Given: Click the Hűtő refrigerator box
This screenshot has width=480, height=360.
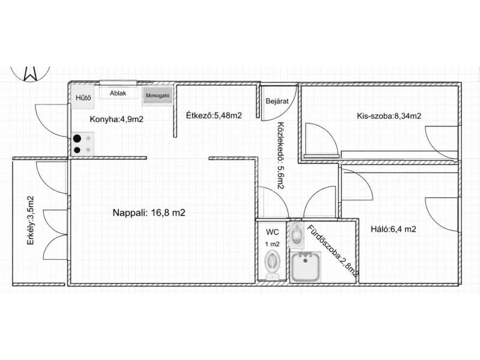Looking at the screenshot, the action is pyautogui.click(x=83, y=98).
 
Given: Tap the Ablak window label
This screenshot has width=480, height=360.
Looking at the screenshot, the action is pyautogui.click(x=118, y=94).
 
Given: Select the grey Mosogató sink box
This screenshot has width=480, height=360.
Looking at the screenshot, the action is pyautogui.click(x=157, y=95).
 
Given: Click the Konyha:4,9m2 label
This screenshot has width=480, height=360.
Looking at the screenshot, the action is pyautogui.click(x=116, y=119).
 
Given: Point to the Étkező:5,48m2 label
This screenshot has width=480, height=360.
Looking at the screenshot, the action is pyautogui.click(x=214, y=115).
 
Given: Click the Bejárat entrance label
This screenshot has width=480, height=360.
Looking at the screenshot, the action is pyautogui.click(x=277, y=101).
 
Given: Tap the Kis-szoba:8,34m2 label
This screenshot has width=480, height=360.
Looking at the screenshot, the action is pyautogui.click(x=389, y=116).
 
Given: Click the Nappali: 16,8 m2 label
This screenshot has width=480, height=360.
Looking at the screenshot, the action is pyautogui.click(x=149, y=212).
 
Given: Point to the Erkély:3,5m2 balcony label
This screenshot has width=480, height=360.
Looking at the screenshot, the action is pyautogui.click(x=31, y=220).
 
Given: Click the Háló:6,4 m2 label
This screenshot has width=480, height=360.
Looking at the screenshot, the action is pyautogui.click(x=394, y=229).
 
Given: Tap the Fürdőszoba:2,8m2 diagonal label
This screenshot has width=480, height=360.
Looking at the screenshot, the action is pyautogui.click(x=332, y=250).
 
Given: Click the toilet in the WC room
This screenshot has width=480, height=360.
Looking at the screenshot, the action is pyautogui.click(x=272, y=264).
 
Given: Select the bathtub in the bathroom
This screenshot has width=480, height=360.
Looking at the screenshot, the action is pyautogui.click(x=305, y=266).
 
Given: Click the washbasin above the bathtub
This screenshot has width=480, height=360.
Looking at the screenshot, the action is pyautogui.click(x=296, y=235).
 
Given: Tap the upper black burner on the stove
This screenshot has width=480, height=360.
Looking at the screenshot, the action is pyautogui.click(x=77, y=139).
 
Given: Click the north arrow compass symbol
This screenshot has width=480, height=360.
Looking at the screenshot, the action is pyautogui.click(x=30, y=73).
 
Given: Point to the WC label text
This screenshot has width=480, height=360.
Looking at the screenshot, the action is pyautogui.click(x=272, y=232).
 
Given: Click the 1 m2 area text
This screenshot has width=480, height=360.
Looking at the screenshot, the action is pyautogui.click(x=272, y=244).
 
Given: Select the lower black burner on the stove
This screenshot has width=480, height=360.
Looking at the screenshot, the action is pyautogui.click(x=77, y=150).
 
